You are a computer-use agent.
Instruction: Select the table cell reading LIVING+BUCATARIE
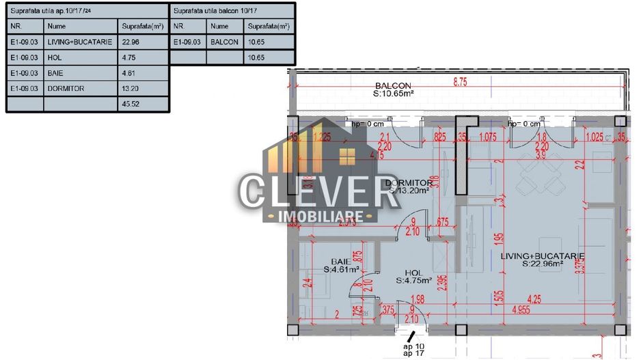pyautogui.click(x=75, y=42)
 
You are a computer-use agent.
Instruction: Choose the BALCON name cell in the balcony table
pyautogui.click(x=225, y=42)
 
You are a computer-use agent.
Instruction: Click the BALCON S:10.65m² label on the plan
pyautogui.click(x=396, y=89)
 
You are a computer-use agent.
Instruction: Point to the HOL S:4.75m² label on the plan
pyautogui.click(x=413, y=275)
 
